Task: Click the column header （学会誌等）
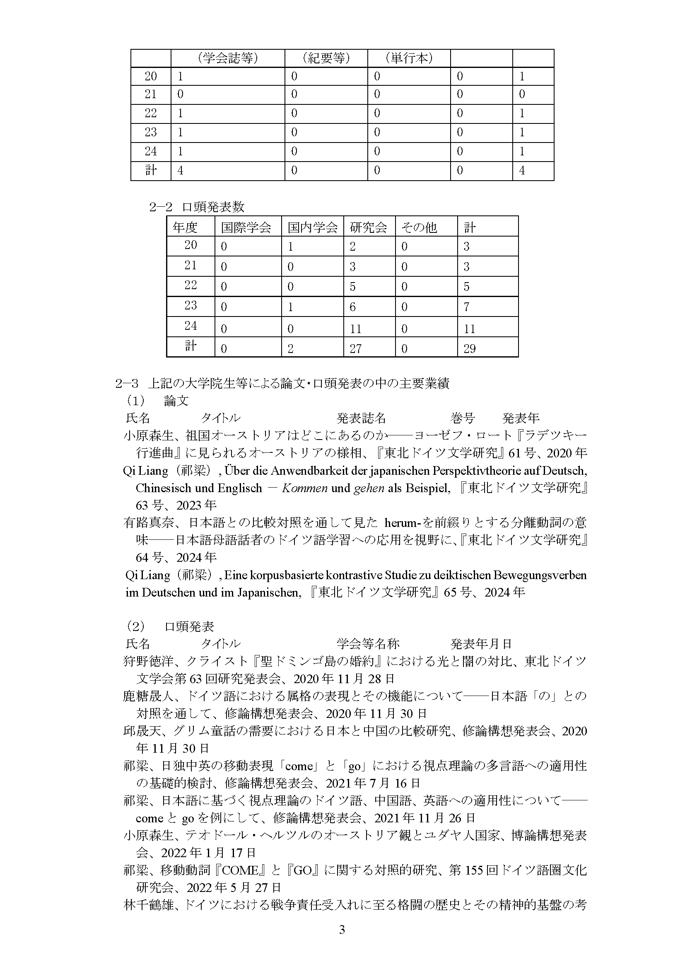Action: pyautogui.click(x=227, y=58)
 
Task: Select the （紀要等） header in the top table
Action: pyautogui.click(x=326, y=58)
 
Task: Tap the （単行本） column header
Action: pyautogui.click(x=409, y=58)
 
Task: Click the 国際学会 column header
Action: pyautogui.click(x=246, y=227)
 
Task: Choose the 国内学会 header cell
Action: pyautogui.click(x=313, y=227)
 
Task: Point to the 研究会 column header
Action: pyautogui.click(x=369, y=227)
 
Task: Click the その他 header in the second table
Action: pyautogui.click(x=419, y=227)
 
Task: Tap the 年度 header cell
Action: pyautogui.click(x=185, y=227)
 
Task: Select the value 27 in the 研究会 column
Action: pyautogui.click(x=356, y=348)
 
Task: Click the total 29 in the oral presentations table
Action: pyautogui.click(x=470, y=348)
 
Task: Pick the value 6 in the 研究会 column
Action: pyautogui.click(x=352, y=307)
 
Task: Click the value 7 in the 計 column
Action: pyautogui.click(x=466, y=307)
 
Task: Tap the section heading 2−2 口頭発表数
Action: pyautogui.click(x=197, y=207)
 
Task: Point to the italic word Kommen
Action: pyautogui.click(x=304, y=488)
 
